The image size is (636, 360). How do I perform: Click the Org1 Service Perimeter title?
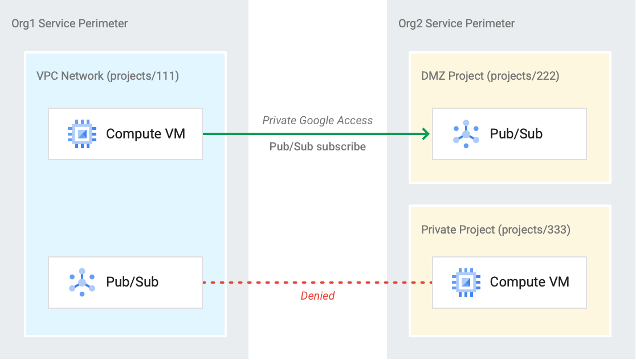point(70,23)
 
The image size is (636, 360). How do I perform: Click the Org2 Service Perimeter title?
point(456,23)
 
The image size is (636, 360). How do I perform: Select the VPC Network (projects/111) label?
point(108,76)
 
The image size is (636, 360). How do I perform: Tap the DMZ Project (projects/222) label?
point(490,76)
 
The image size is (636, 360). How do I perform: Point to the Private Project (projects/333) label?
point(496,230)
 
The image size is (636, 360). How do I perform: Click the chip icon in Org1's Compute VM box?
point(82,134)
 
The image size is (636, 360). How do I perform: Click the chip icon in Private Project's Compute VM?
point(466,282)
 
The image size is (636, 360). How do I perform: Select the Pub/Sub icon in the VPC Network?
point(82,282)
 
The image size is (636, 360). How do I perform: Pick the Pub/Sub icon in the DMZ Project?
point(466,134)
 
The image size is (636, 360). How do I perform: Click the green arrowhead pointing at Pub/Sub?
point(425,134)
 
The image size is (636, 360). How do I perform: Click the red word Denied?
point(317,296)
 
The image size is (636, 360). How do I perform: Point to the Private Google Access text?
point(317,120)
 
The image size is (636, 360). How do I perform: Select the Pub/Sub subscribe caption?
point(317,146)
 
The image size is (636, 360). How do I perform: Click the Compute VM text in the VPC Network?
point(145,134)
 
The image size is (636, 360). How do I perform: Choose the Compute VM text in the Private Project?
point(529,282)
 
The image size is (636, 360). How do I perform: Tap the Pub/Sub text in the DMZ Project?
point(516,134)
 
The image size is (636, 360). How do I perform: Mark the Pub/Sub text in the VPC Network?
point(132,282)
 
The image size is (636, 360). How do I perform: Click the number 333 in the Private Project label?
point(557,230)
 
